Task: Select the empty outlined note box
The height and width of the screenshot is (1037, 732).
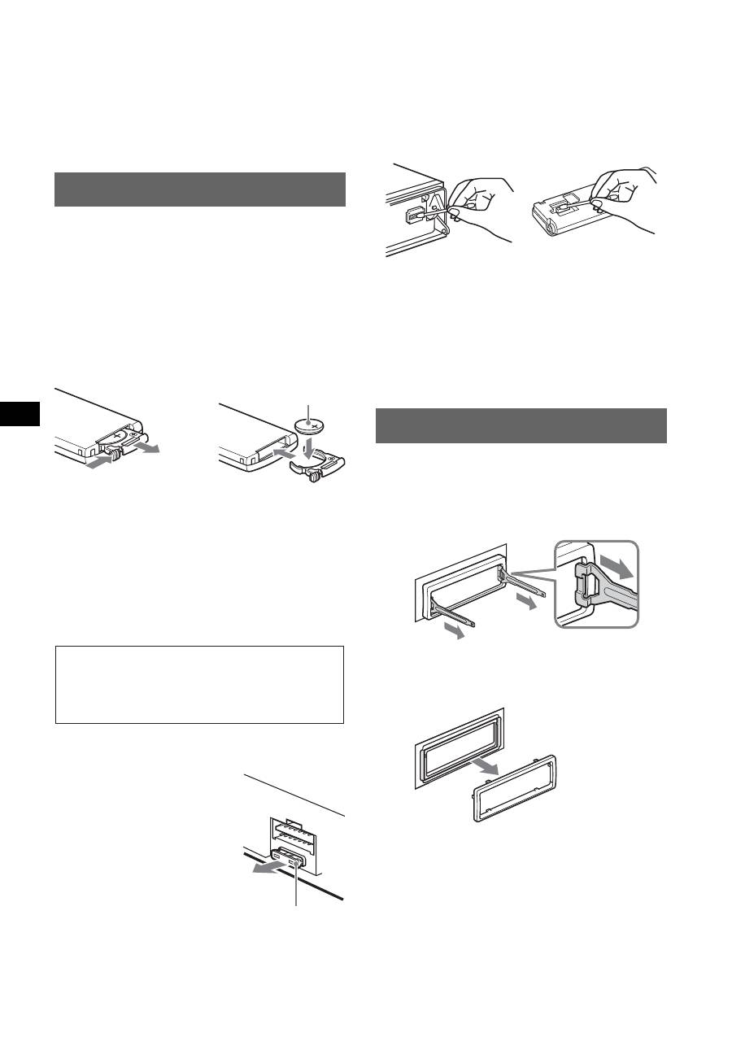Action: coord(199,685)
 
